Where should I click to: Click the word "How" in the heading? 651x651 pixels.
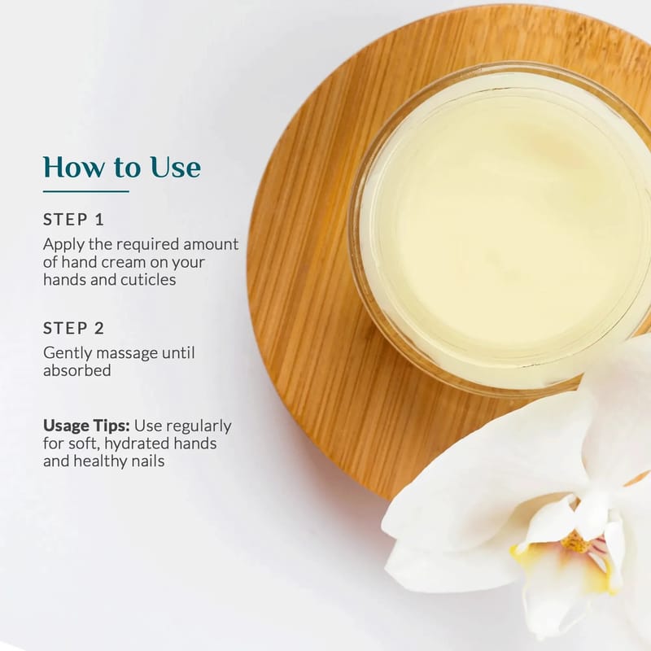[74, 167]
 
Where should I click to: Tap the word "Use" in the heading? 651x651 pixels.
[176, 167]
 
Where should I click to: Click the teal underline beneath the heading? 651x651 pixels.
[86, 191]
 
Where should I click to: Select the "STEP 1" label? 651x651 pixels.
[73, 220]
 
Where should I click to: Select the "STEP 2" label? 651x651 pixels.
[73, 328]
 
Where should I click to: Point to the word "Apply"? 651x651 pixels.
[64, 245]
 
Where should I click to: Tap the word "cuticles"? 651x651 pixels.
[148, 280]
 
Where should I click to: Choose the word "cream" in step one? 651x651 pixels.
[125, 262]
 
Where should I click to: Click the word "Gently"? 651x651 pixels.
[68, 354]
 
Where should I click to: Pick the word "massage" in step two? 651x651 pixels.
[127, 354]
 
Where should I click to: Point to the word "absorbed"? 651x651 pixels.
[77, 370]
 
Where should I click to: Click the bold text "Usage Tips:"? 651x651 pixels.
[86, 426]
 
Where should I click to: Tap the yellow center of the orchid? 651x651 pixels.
[575, 542]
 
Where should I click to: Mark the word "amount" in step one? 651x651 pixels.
[211, 245]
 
